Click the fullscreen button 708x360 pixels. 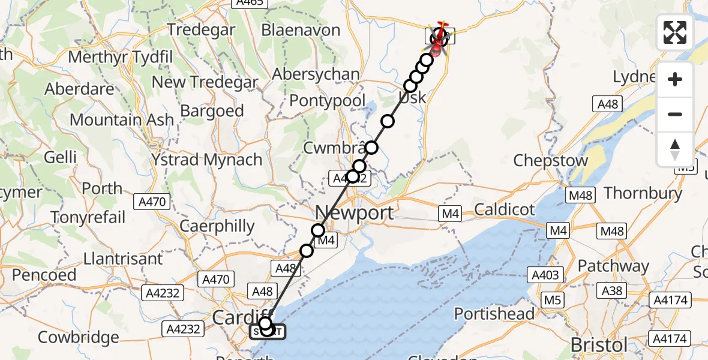click(x=675, y=32)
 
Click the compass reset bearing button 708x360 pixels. click(x=675, y=149)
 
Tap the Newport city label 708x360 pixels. click(x=354, y=212)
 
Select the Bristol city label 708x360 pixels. click(x=599, y=344)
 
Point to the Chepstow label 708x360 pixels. click(x=551, y=161)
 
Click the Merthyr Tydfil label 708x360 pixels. click(x=121, y=58)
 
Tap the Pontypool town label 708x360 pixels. click(x=327, y=100)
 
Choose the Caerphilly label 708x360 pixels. click(x=218, y=226)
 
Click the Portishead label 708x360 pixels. click(x=494, y=314)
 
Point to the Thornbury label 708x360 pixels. click(x=643, y=193)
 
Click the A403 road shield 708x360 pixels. click(x=546, y=275)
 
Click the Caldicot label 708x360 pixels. click(x=504, y=209)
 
